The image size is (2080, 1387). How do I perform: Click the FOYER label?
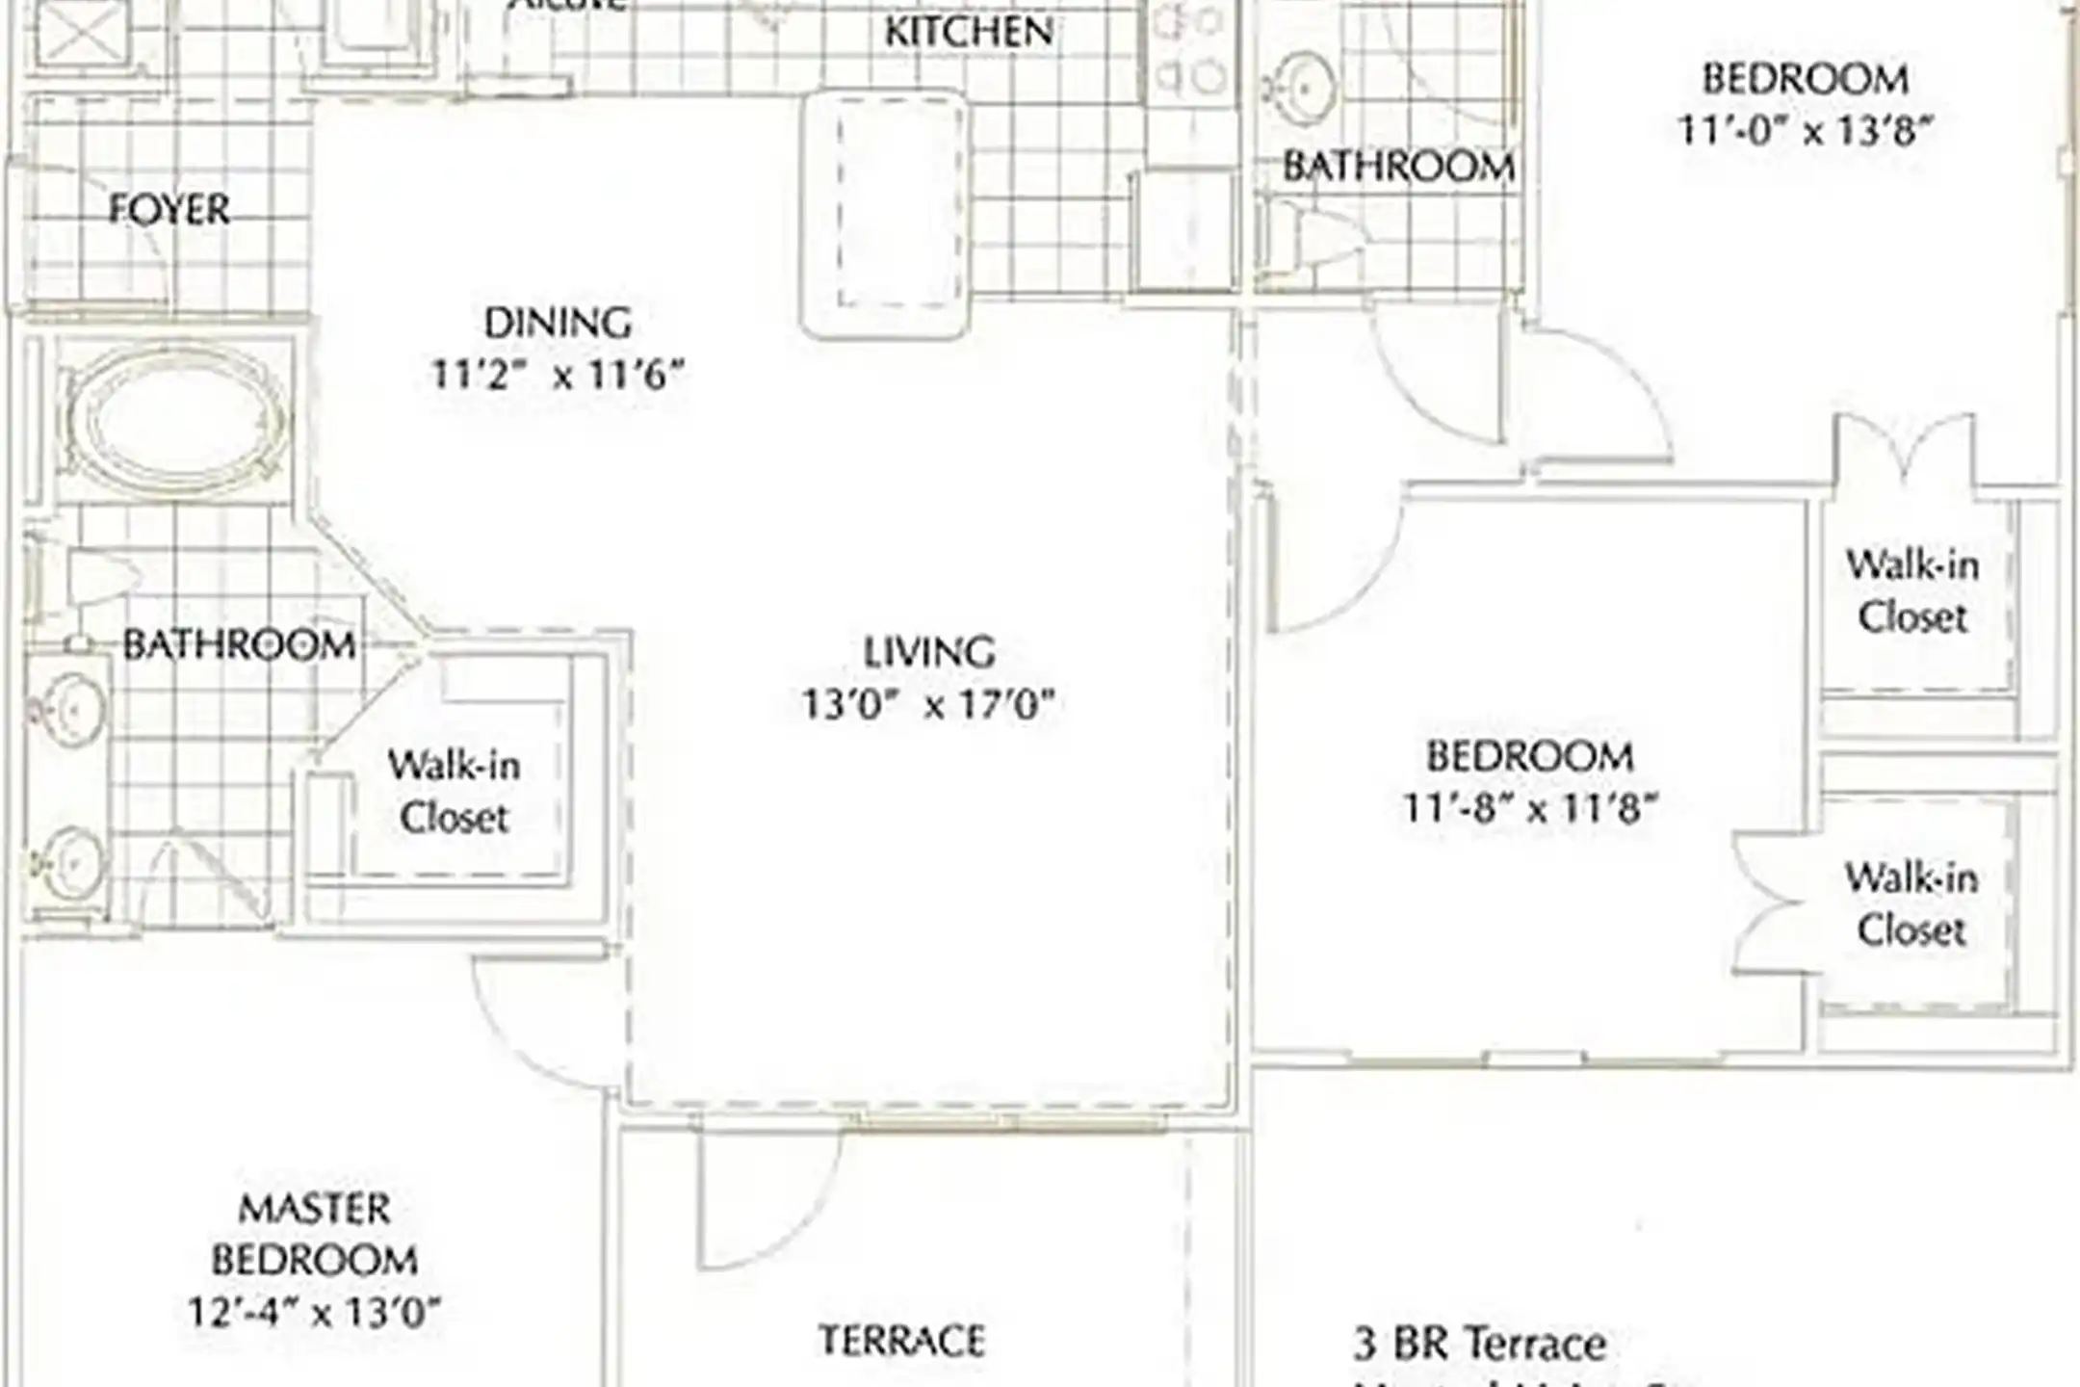169,209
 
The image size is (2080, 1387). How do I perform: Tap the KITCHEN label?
969,32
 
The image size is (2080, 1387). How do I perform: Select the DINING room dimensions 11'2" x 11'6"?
558,374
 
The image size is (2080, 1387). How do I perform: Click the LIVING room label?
929,652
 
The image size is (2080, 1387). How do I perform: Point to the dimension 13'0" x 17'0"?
929,705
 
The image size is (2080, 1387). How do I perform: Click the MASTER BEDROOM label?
315,1234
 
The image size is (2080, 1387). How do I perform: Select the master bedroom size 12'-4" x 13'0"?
315,1312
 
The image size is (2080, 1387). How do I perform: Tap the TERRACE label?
902,1340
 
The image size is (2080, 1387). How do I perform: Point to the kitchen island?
885,214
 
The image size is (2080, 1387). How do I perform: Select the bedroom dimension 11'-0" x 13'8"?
1805,130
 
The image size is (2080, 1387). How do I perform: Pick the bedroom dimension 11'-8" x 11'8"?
1530,808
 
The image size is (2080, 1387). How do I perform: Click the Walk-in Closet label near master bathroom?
454,791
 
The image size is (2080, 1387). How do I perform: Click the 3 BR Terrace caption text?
1479,1343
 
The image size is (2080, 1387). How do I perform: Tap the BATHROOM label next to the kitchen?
1398,168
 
